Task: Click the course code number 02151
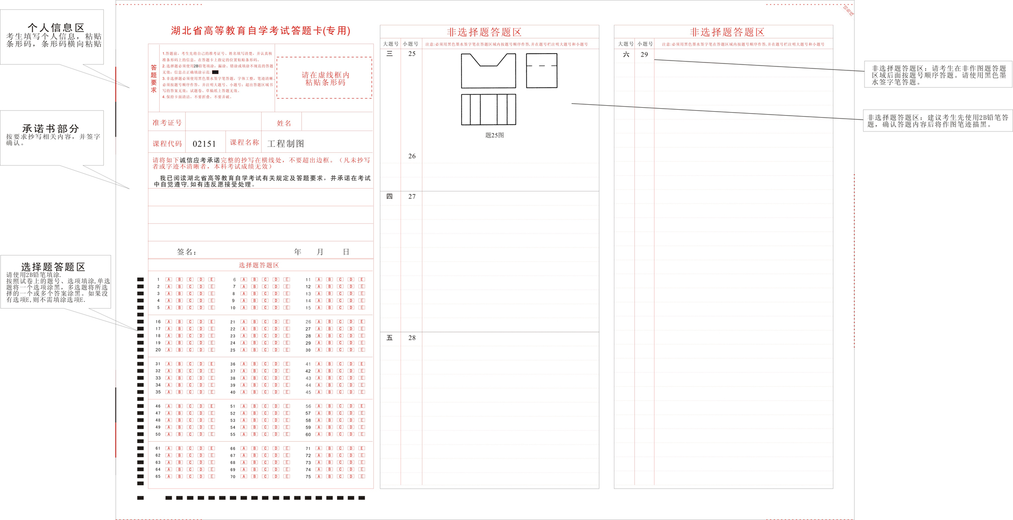pos(204,144)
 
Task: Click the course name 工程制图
pos(285,144)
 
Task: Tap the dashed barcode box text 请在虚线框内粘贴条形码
pos(325,78)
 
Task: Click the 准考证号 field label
pos(167,123)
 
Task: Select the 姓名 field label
pos(284,123)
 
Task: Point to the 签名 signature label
pos(187,252)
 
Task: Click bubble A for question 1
pos(169,280)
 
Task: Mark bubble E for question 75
pos(362,477)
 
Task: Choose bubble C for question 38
pos(265,378)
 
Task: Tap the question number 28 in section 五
pos(412,338)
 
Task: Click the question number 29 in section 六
pos(644,55)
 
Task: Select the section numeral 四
pos(390,196)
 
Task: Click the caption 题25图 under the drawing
pos(494,135)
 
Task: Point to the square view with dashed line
pos(541,70)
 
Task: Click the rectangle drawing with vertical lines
pos(488,110)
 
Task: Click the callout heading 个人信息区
pos(56,28)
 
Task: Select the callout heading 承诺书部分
pos(51,129)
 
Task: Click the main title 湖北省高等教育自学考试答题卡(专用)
pos(261,31)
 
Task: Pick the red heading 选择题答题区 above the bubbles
pos(259,265)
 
